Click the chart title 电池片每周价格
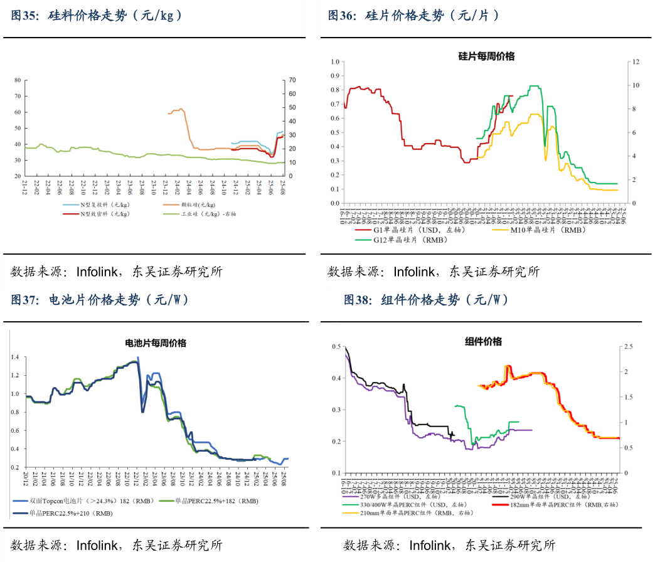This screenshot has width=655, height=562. tap(156, 343)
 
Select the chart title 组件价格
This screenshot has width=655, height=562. tap(483, 341)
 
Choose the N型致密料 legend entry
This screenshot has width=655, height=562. tap(104, 214)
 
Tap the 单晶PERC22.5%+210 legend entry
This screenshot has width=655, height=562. tap(69, 513)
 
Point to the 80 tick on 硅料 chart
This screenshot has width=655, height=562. tap(18, 80)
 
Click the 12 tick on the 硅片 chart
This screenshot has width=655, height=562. tap(636, 61)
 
